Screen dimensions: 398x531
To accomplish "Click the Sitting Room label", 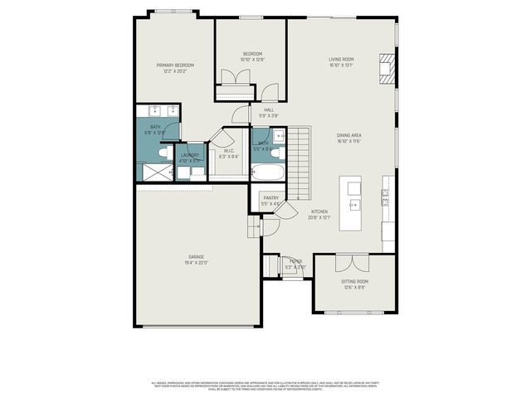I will point(355,282).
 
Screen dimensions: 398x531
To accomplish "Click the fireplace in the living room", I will point(386,69).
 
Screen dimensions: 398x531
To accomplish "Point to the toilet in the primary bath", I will point(163,153).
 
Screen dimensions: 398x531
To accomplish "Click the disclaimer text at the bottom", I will point(265,386).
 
